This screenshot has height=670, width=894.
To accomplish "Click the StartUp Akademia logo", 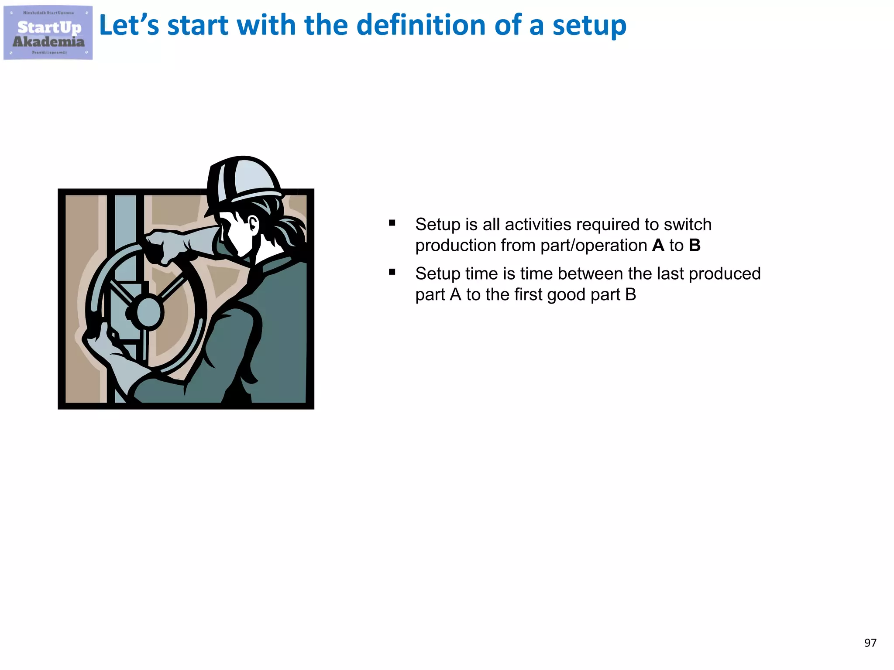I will [x=48, y=33].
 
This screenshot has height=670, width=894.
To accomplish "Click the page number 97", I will [x=870, y=643].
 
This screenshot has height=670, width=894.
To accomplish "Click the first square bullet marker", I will [x=392, y=223].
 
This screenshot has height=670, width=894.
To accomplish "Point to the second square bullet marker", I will [x=392, y=272].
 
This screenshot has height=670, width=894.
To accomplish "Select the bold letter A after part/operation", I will [x=658, y=246].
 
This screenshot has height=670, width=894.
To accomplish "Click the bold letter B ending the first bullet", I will [x=695, y=246].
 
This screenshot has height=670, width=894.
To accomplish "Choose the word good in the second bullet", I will [x=566, y=295].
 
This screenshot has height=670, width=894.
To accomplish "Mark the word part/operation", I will [x=593, y=246].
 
